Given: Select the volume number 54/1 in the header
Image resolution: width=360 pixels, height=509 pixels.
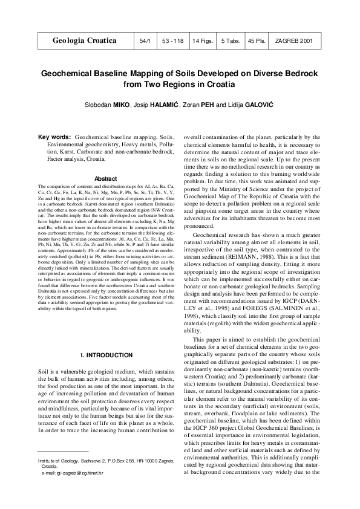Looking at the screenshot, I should tap(145, 42).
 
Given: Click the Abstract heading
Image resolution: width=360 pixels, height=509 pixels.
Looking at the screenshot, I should tap(105, 178).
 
